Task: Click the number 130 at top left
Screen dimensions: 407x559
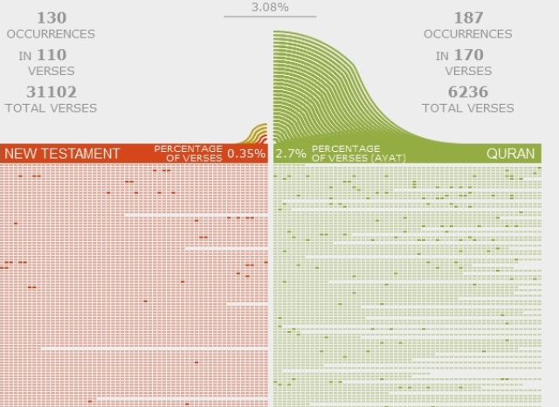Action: pyautogui.click(x=51, y=17)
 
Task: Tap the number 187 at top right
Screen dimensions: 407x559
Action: pyautogui.click(x=468, y=17)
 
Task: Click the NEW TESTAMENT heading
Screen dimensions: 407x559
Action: pyautogui.click(x=62, y=154)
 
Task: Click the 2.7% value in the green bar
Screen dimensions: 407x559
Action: pyautogui.click(x=291, y=154)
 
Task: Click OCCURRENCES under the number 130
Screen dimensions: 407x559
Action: pyautogui.click(x=51, y=33)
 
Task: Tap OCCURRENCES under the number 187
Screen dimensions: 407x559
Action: pyautogui.click(x=468, y=33)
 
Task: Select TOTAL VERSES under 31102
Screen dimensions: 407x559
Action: pyautogui.click(x=51, y=107)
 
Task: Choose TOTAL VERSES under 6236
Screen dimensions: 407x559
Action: pyautogui.click(x=468, y=107)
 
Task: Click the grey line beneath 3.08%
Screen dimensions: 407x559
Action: pyautogui.click(x=269, y=17)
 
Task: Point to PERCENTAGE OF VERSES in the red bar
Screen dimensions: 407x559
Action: pyautogui.click(x=188, y=153)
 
